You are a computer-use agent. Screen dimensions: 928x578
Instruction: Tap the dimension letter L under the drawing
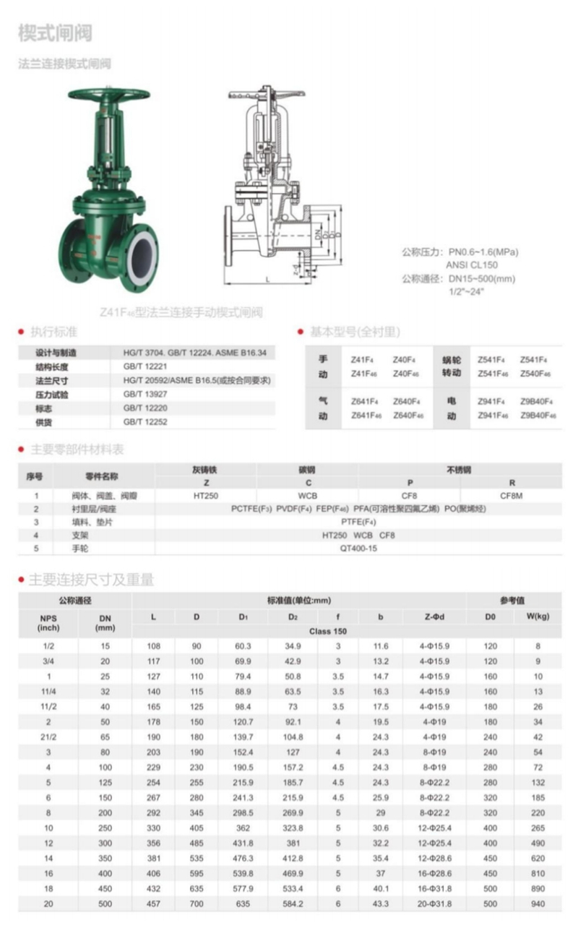(x=267, y=278)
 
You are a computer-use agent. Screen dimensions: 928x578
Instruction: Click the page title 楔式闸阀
(x=55, y=33)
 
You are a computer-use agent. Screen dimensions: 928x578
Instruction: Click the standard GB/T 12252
(x=145, y=421)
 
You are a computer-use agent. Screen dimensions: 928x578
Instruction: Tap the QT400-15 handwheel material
(x=358, y=548)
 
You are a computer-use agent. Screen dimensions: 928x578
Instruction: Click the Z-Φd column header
(x=430, y=616)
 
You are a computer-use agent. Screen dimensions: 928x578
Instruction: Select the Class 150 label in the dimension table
(x=328, y=631)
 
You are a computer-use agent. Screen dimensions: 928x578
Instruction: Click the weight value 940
(x=537, y=904)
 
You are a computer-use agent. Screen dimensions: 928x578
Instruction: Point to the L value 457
(x=153, y=904)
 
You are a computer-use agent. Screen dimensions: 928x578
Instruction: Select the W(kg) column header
(x=537, y=616)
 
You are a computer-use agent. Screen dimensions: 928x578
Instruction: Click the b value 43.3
(x=380, y=904)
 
